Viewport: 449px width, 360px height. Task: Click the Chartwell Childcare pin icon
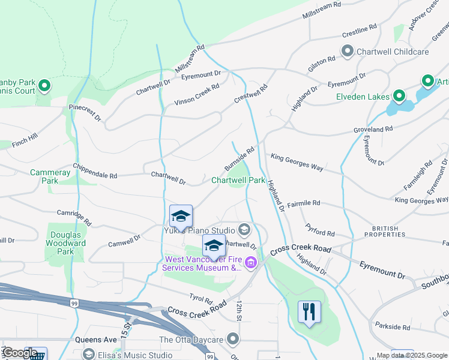click(x=348, y=52)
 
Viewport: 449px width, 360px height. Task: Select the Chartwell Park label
click(x=238, y=180)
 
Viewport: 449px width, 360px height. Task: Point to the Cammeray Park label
click(x=44, y=176)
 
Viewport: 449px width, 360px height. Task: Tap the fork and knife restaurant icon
click(x=309, y=312)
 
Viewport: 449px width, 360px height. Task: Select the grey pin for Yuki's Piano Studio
click(x=244, y=229)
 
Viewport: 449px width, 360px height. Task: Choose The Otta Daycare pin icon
click(x=234, y=340)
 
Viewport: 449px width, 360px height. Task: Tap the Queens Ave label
click(x=92, y=339)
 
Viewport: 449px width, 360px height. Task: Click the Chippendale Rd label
click(x=95, y=171)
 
